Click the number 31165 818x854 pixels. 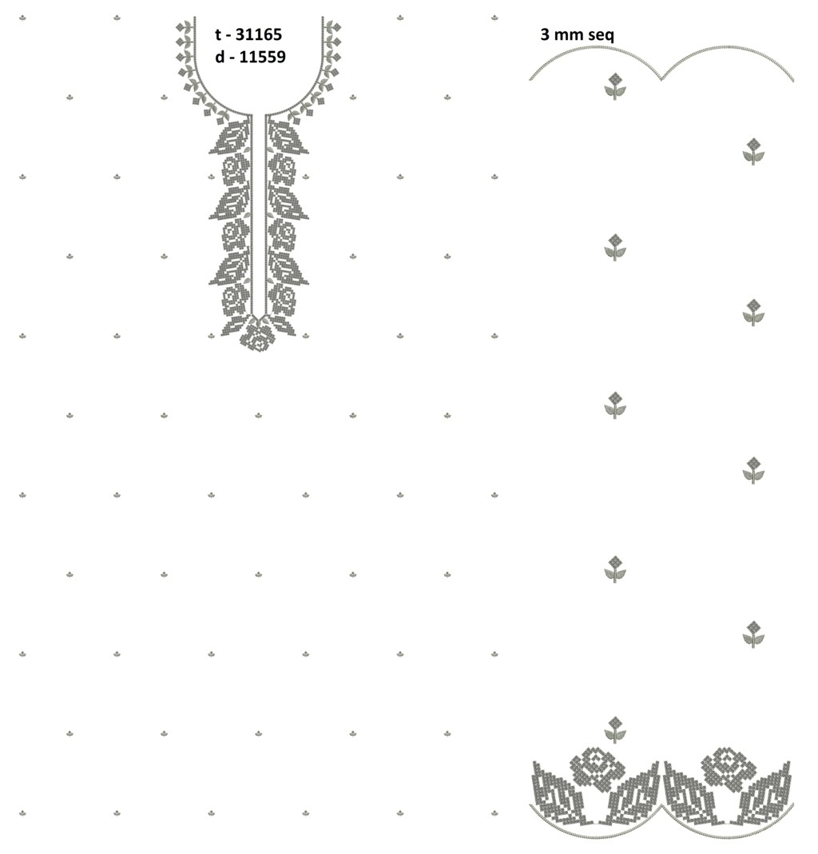(x=259, y=35)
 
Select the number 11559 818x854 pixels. (x=262, y=57)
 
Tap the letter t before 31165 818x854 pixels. (x=218, y=35)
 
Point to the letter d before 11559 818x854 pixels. (x=220, y=57)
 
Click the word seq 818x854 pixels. (x=599, y=35)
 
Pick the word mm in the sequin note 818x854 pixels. (x=567, y=36)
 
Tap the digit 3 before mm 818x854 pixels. (x=545, y=34)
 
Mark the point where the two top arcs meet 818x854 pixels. (x=661, y=79)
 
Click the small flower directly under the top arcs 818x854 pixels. (x=615, y=86)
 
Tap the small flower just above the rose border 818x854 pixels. (x=615, y=730)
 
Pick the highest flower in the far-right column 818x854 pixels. (x=754, y=151)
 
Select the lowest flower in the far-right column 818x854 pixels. (x=754, y=634)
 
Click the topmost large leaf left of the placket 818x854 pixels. (x=230, y=137)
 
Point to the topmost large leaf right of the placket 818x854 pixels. (x=288, y=137)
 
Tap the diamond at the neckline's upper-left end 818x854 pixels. (x=181, y=26)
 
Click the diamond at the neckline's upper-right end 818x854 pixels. (x=336, y=26)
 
